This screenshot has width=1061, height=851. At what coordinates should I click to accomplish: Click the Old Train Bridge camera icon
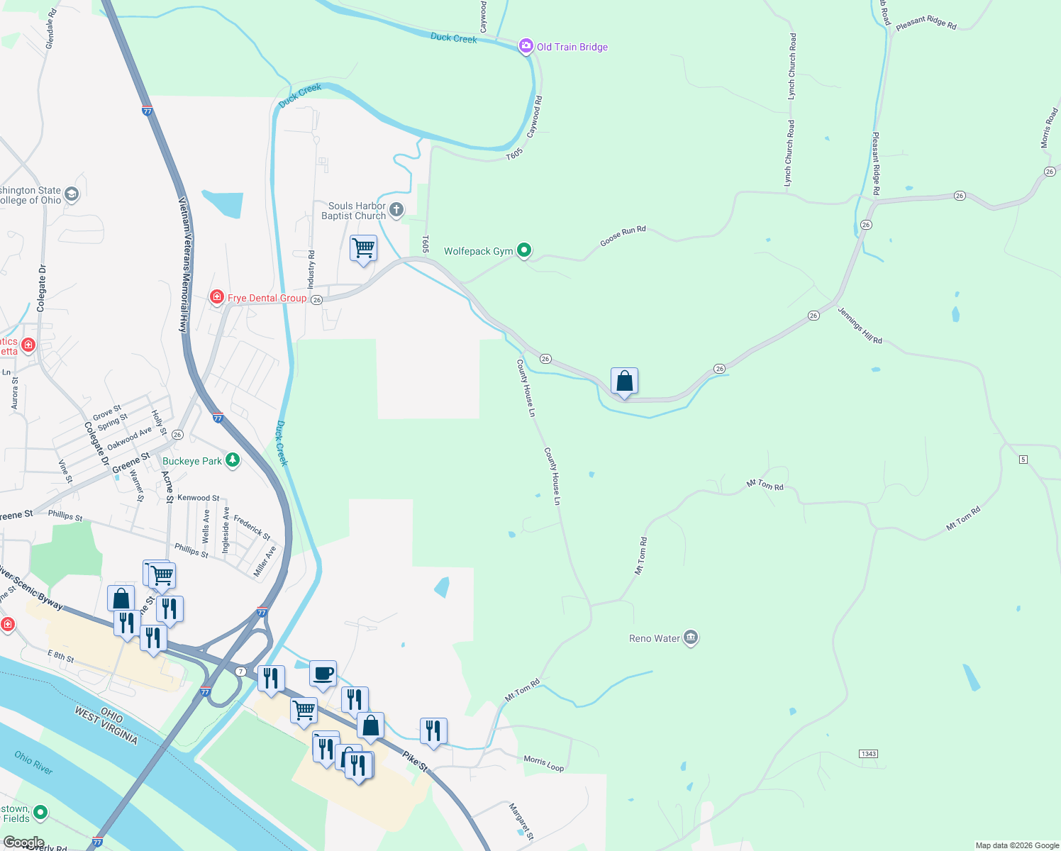click(526, 47)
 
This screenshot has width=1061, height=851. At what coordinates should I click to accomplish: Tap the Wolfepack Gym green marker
click(524, 250)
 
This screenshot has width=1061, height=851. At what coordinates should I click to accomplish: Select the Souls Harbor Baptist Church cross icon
click(396, 209)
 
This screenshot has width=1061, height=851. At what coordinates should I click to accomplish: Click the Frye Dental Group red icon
click(217, 297)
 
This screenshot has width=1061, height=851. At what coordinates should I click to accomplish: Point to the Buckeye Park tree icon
click(232, 460)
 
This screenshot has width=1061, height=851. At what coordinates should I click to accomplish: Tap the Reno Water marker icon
click(691, 638)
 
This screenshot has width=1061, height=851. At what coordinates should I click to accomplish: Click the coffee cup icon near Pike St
click(323, 673)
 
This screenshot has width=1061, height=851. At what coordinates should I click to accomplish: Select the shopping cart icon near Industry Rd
click(363, 248)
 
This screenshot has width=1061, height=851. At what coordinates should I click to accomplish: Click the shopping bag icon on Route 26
click(624, 381)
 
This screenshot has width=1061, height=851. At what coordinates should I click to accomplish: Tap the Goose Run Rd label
click(623, 236)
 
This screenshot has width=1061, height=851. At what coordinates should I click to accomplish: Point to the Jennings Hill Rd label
click(860, 326)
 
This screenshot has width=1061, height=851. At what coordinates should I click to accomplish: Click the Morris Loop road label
click(544, 763)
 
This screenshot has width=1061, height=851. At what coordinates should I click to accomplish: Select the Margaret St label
click(521, 821)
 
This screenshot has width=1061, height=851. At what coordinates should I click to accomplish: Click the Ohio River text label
click(33, 762)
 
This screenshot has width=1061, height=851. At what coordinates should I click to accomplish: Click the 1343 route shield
click(869, 753)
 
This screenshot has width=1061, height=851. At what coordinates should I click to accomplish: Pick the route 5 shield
click(1023, 460)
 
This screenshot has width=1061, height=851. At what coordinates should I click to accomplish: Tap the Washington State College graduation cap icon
click(71, 194)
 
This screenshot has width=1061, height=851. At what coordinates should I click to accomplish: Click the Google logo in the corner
click(23, 842)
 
